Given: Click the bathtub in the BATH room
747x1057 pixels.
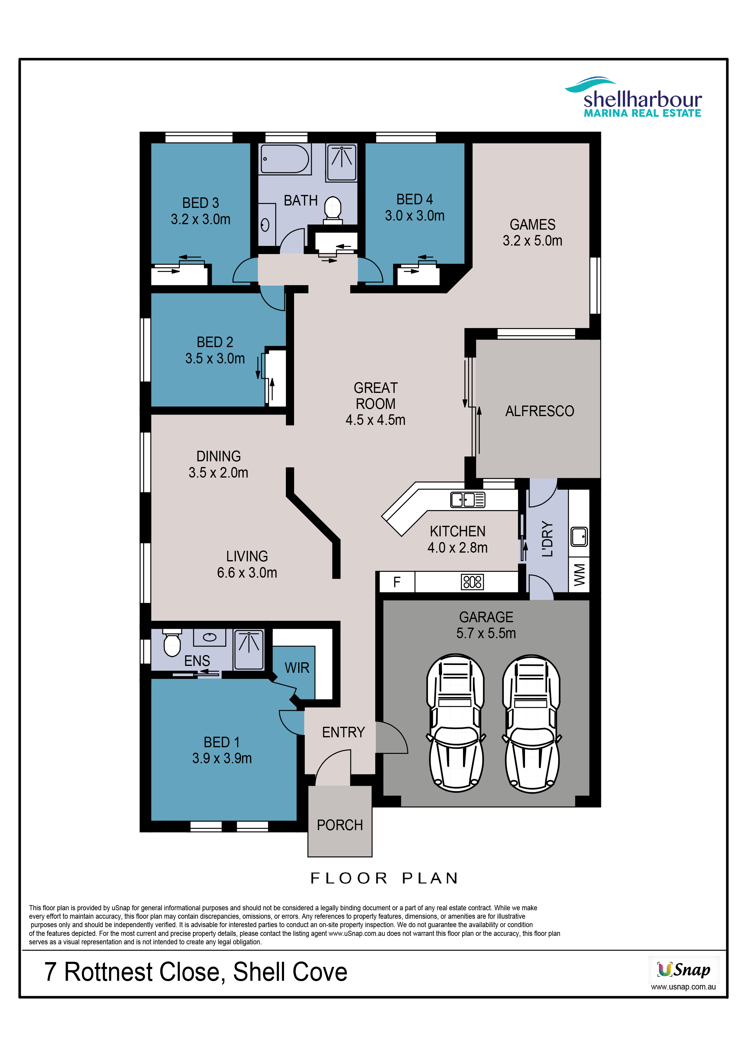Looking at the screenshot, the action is (x=285, y=159).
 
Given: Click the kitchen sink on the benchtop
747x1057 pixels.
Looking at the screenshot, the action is (x=467, y=500).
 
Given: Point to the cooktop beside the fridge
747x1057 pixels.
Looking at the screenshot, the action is (x=472, y=582).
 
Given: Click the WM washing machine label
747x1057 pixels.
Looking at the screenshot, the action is (x=580, y=575).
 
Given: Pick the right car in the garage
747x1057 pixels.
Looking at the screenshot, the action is (x=532, y=724).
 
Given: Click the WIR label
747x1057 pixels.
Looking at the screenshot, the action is (x=297, y=667).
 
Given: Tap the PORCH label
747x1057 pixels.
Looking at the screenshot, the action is (x=340, y=825).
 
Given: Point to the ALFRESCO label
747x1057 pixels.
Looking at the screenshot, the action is (x=539, y=411).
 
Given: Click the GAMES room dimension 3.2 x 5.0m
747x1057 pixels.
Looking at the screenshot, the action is (x=533, y=240).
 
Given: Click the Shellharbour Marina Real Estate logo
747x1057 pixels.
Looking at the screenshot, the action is (x=633, y=97).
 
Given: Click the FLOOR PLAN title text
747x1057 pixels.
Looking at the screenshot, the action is (x=385, y=878).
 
